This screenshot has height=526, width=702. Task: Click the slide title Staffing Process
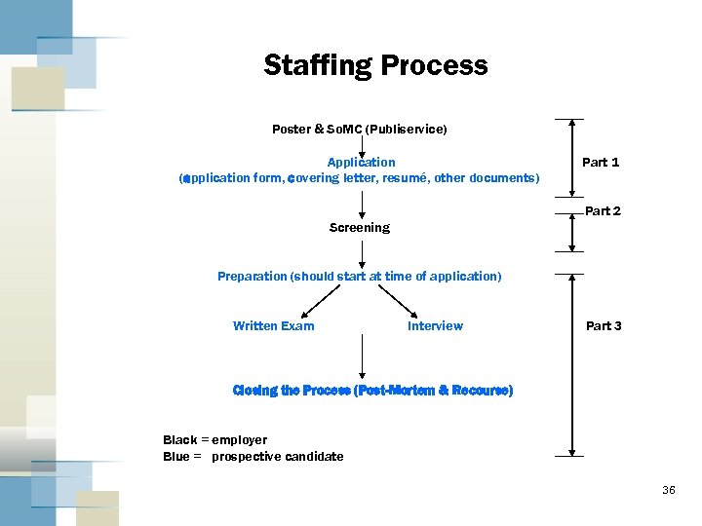375,65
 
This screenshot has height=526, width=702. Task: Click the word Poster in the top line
292,129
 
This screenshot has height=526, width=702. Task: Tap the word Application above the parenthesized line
361,162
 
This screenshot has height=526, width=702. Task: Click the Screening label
359,227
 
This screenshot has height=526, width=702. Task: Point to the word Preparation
252,276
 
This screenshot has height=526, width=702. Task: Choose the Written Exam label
273,325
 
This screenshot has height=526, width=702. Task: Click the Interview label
435,325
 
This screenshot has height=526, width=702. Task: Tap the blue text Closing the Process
292,390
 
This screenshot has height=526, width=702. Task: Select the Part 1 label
601,162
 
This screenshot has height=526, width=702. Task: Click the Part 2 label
603,211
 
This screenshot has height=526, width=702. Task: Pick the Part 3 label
604,325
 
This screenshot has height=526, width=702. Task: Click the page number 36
668,490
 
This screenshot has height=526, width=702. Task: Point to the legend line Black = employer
214,440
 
